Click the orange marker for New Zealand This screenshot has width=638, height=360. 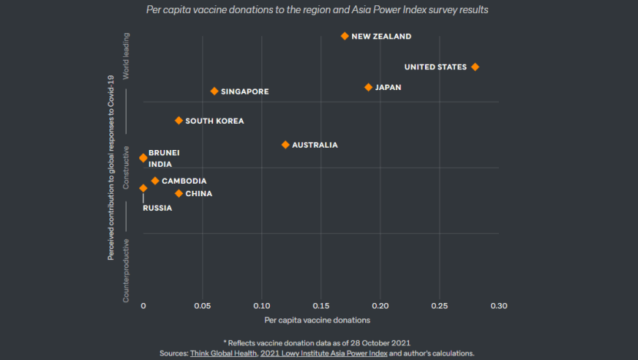tap(344, 36)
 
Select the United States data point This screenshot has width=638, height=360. tap(475, 67)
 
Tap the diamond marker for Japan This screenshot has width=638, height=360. tap(368, 88)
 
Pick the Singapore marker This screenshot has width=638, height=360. tap(214, 92)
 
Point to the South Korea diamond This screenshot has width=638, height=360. tap(178, 121)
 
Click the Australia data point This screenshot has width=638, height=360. tap(285, 145)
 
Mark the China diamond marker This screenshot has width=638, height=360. tap(178, 194)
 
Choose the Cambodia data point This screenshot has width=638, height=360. tap(155, 181)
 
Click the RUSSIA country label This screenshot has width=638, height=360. tap(158, 208)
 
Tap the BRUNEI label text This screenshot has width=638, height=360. tap(164, 153)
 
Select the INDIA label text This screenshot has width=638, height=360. tap(160, 164)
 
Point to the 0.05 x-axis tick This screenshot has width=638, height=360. tap(202, 305)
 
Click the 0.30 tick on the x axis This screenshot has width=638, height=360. tap(499, 305)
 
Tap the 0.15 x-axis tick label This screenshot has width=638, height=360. tap(321, 305)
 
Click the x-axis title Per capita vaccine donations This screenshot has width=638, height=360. tap(317, 320)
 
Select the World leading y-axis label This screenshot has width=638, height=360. tap(127, 55)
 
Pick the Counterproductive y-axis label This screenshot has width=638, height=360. tap(127, 269)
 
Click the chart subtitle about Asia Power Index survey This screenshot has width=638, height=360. tap(317, 11)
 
